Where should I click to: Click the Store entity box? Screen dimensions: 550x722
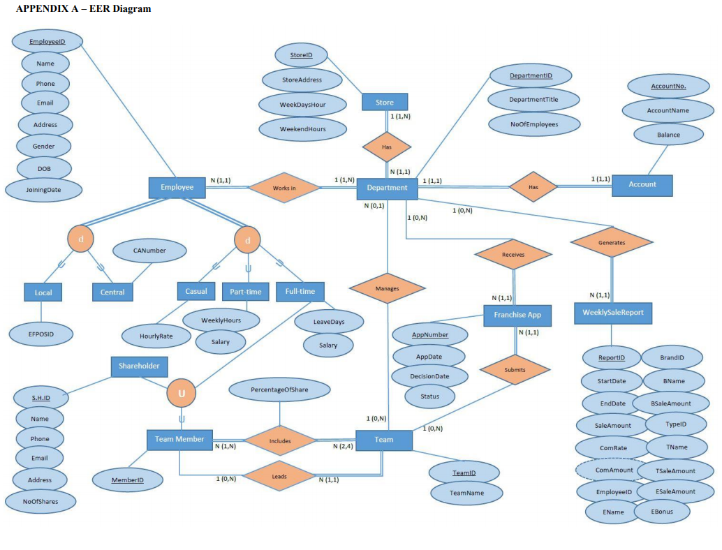[x=385, y=102]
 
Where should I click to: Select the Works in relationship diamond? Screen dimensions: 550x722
[x=283, y=188]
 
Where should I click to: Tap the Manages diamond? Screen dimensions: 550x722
[x=387, y=288]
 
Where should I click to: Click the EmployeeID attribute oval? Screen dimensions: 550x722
[x=47, y=43]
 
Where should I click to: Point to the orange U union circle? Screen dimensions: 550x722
[x=182, y=394]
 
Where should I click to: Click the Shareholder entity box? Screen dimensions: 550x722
[x=139, y=366]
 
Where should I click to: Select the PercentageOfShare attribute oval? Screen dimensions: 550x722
[x=279, y=389]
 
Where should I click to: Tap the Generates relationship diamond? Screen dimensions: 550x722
[x=612, y=242]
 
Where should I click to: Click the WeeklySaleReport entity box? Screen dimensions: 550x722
[x=613, y=313]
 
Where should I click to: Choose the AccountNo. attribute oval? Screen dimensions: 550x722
[x=668, y=87]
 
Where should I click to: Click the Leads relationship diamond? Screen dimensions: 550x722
[x=279, y=477]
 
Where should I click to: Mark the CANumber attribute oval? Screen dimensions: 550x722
[x=149, y=250]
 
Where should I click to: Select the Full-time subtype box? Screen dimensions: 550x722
[x=300, y=291]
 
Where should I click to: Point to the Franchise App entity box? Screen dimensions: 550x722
[x=517, y=315]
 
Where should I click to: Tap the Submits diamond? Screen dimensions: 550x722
[x=515, y=369]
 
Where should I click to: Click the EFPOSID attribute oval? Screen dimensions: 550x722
[x=41, y=334]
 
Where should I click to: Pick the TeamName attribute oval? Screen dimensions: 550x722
[x=466, y=493]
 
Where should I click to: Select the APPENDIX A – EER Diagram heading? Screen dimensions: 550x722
[x=83, y=9]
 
